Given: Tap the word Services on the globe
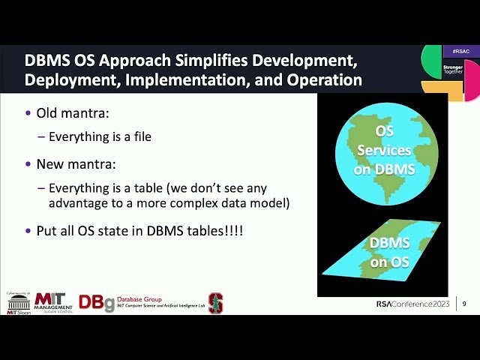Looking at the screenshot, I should point(384,150).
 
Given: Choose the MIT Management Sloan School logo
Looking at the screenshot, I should point(54,302).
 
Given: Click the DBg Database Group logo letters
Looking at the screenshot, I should point(97,303).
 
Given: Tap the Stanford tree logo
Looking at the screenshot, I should point(215,302).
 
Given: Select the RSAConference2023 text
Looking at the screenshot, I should point(414,304).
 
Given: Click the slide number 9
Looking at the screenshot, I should point(464,304).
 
